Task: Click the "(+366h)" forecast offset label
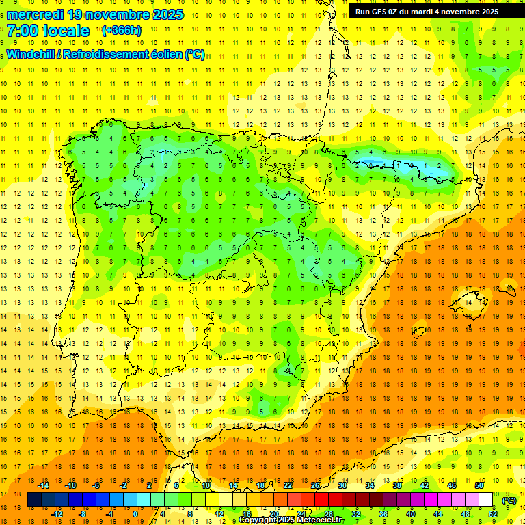(121, 31)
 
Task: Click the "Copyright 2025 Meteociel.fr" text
(291, 520)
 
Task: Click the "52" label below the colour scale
(493, 513)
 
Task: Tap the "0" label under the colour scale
(135, 513)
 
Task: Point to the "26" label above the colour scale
(315, 485)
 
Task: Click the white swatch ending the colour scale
(486, 500)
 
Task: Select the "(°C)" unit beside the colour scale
(509, 500)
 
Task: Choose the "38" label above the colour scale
(396, 485)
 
